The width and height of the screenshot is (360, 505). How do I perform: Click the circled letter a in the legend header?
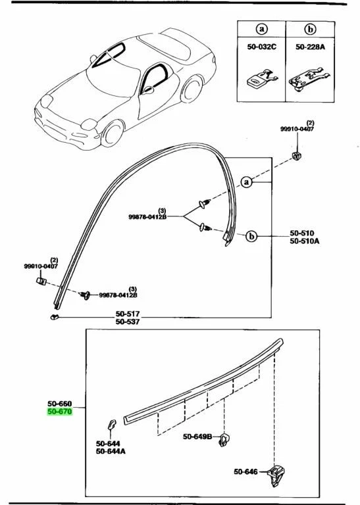click(261, 30)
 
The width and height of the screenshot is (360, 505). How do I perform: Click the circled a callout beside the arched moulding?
click(246, 183)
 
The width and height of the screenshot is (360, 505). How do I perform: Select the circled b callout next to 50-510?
click(251, 235)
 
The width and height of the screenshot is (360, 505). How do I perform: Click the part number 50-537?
click(129, 322)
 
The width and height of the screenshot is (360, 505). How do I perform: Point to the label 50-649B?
click(197, 437)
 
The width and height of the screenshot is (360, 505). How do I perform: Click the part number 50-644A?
click(111, 451)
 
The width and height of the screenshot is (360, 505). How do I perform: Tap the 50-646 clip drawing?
click(276, 474)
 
